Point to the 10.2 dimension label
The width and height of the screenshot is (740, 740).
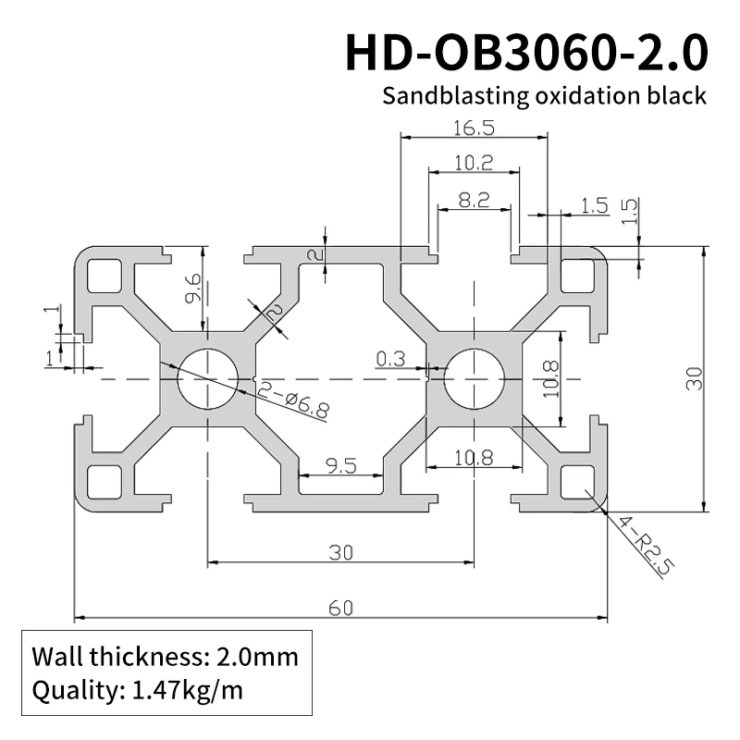coord(473,164)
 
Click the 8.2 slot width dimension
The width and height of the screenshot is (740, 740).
coord(473,200)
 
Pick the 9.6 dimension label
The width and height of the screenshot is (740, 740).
coord(192,287)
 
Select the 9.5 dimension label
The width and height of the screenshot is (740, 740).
coord(341,465)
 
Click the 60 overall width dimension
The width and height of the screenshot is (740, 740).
coord(340,607)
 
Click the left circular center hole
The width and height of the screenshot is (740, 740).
coord(206,379)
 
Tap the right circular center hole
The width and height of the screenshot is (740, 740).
coord(474,379)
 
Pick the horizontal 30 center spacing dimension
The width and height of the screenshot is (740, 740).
coord(340,552)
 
